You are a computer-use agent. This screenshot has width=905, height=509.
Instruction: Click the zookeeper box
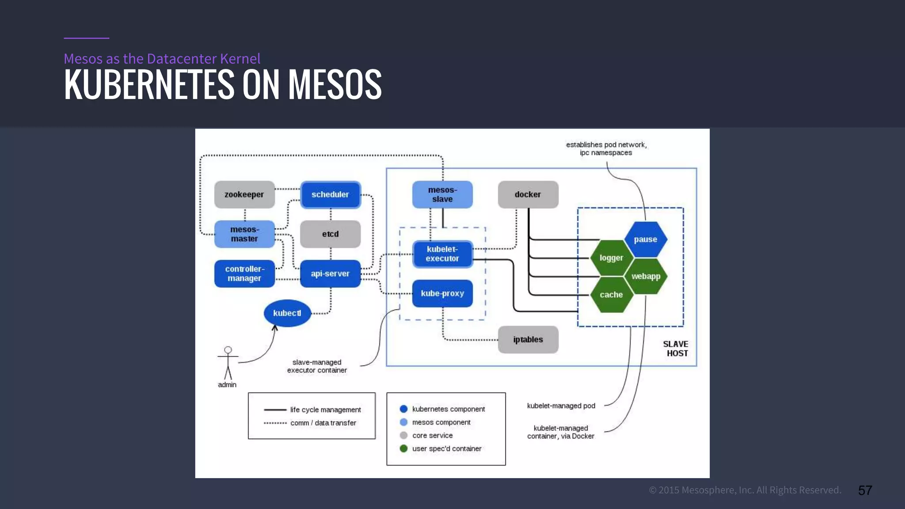[244, 194]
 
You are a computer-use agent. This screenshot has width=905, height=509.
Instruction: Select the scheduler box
[330, 194]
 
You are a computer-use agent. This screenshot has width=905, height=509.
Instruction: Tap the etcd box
[330, 234]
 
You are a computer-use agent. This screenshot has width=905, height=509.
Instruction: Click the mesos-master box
[244, 234]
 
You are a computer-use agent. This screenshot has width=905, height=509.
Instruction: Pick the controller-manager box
[244, 273]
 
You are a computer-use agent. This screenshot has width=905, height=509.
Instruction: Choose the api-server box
[330, 273]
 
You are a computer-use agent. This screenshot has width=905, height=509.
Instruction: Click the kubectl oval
[287, 313]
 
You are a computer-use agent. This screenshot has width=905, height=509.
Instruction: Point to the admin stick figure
[228, 364]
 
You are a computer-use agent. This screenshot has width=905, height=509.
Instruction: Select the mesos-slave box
[442, 194]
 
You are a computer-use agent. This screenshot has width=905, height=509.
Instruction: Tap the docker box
[528, 194]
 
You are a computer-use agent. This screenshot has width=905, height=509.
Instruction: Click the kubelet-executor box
[442, 254]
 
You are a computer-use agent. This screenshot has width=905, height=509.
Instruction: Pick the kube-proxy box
[442, 293]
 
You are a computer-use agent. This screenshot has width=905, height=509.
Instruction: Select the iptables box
[528, 339]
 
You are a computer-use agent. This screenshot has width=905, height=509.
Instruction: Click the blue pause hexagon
[646, 239]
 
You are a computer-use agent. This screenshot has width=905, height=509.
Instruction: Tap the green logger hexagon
[611, 258]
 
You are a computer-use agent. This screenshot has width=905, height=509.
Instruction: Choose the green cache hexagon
[611, 295]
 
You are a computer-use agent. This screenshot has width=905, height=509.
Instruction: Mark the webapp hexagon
[646, 276]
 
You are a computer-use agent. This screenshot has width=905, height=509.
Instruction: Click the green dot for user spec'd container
[403, 448]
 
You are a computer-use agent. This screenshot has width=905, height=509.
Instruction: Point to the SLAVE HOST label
[676, 349]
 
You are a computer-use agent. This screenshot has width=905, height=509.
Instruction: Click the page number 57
[865, 490]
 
